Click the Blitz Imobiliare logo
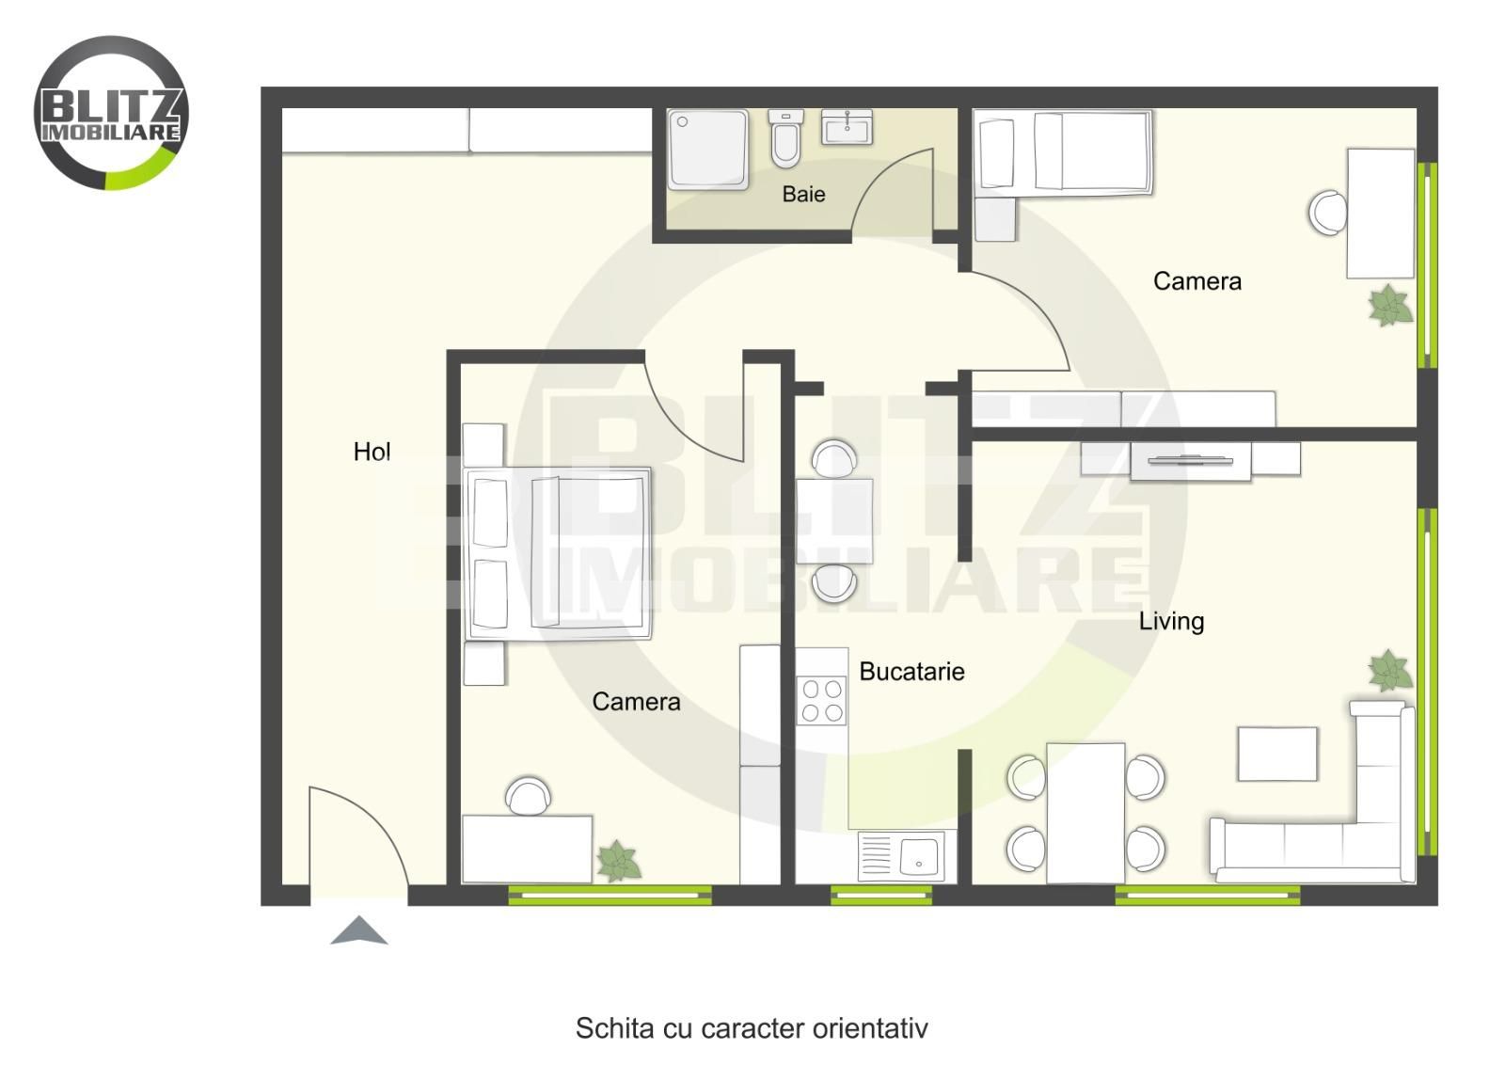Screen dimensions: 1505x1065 pyautogui.click(x=112, y=113)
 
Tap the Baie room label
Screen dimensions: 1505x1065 pyautogui.click(x=803, y=194)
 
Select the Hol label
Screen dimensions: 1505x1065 pyautogui.click(x=372, y=452)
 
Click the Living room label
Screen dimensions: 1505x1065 pyautogui.click(x=1171, y=621)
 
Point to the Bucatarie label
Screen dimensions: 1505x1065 pyautogui.click(x=911, y=671)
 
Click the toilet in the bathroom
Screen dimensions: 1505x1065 pyautogui.click(x=785, y=138)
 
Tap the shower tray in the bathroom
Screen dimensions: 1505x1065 pyautogui.click(x=708, y=150)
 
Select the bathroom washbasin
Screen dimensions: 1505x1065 pyautogui.click(x=847, y=127)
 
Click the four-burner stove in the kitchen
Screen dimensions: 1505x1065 pyautogui.click(x=822, y=701)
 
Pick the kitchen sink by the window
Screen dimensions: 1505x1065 pyautogui.click(x=907, y=857)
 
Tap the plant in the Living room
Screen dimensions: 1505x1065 pyautogui.click(x=1389, y=670)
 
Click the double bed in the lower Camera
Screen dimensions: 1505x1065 pyautogui.click(x=558, y=553)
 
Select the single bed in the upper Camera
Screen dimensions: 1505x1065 pyautogui.click(x=1063, y=152)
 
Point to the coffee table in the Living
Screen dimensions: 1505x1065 pyautogui.click(x=1276, y=754)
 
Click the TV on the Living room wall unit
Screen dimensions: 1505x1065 pyautogui.click(x=1191, y=460)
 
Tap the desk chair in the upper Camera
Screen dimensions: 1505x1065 pyautogui.click(x=1327, y=213)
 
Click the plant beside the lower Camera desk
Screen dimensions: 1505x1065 pyautogui.click(x=619, y=861)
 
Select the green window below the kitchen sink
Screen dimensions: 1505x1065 pyautogui.click(x=880, y=895)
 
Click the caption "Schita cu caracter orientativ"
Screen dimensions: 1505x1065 pyautogui.click(x=752, y=1028)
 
